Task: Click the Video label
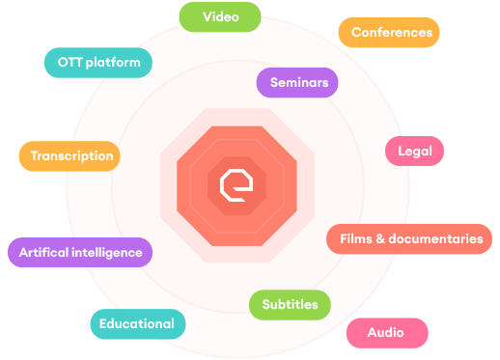[x=222, y=16]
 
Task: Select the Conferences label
[x=391, y=32]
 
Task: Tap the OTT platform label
[x=98, y=63]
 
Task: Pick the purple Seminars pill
[x=298, y=83]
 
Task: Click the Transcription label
[x=71, y=155]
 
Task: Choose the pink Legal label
[x=415, y=151]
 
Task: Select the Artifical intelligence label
[x=80, y=253]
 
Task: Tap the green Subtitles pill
[x=290, y=305]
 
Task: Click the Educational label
[x=136, y=323]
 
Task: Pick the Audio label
[x=385, y=332]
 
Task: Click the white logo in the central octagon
[x=236, y=181]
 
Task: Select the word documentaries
[x=440, y=238]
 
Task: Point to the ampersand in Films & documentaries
[x=385, y=238]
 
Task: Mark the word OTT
[x=69, y=63]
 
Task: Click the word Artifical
[x=42, y=253]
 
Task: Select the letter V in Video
[x=208, y=16]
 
